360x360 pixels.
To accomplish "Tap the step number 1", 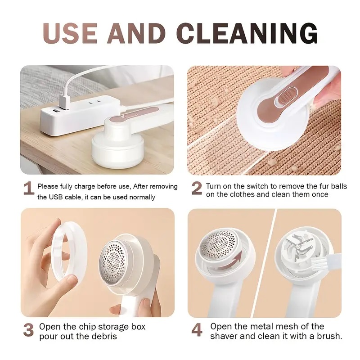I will click(28, 189).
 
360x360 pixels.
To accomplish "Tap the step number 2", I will click(197, 189).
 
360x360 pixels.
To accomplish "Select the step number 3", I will click(28, 330).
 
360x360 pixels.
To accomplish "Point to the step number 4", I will click(197, 330).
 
